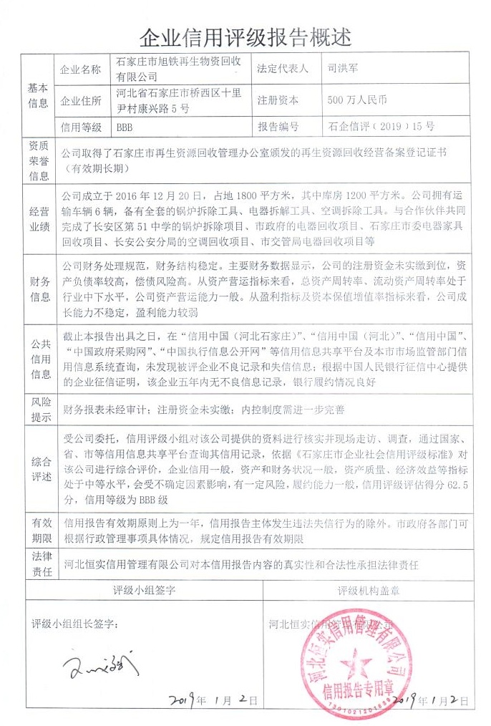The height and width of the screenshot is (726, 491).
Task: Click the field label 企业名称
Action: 81,69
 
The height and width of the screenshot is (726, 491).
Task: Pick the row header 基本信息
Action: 39,95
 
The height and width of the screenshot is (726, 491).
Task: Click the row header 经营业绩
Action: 39,218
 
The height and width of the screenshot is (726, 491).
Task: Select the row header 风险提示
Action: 39,410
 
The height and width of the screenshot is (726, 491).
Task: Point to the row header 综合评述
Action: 39,468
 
